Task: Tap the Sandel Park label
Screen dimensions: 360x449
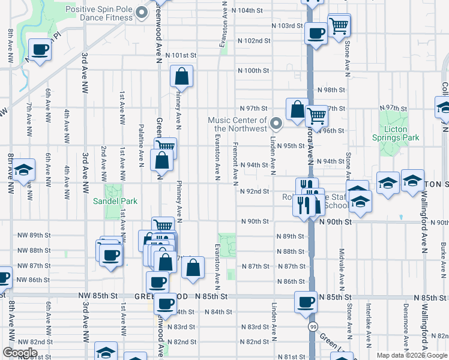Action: [115, 202]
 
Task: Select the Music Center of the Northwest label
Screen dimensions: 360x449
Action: [237, 125]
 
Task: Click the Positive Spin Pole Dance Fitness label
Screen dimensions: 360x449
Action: [98, 13]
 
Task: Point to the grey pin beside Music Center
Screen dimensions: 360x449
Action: [276, 124]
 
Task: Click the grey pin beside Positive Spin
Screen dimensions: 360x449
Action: [142, 13]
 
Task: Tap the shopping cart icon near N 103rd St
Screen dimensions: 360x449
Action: [339, 25]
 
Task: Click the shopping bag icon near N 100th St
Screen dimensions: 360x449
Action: [181, 77]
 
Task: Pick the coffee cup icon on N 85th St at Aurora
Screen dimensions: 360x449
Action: [306, 302]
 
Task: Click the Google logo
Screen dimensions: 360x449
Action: [20, 353]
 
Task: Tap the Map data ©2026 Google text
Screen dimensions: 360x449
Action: [411, 355]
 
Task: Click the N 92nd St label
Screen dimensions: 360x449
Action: [255, 191]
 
